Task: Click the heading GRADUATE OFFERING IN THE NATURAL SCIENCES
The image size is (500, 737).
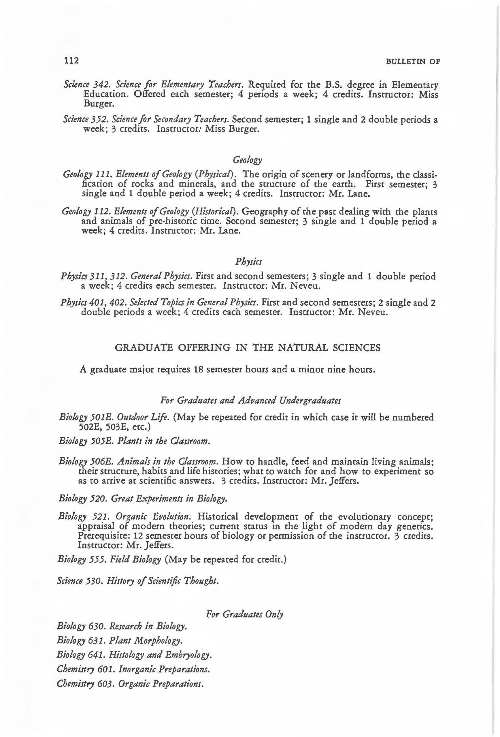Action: pyautogui.click(x=247, y=348)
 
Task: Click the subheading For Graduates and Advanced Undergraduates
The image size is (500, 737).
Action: pyautogui.click(x=250, y=401)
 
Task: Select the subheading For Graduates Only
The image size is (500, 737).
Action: pyautogui.click(x=244, y=614)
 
